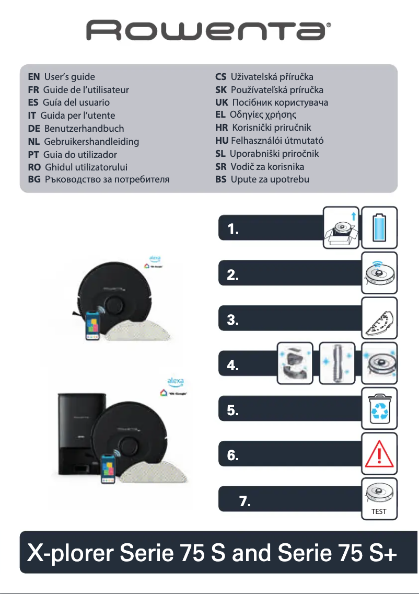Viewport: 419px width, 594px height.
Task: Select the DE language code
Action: [x=34, y=129]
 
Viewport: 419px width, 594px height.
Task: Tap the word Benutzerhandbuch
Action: [x=84, y=129]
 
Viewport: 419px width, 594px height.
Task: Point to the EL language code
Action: [x=220, y=115]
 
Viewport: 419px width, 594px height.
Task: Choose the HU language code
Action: [x=222, y=141]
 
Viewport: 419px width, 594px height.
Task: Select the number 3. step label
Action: [x=234, y=321]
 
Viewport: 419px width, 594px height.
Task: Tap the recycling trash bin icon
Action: [x=379, y=408]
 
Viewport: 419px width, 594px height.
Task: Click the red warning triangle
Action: [x=379, y=453]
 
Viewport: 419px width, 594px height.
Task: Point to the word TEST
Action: [x=379, y=511]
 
